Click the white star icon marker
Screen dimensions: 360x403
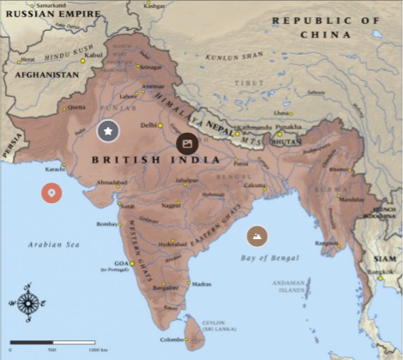pos(107,131)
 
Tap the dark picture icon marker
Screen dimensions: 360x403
pos(187,143)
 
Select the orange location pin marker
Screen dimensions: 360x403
pos(51,192)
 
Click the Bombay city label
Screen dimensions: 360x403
pos(106,224)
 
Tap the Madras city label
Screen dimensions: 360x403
pos(202,284)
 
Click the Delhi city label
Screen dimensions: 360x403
pos(148,125)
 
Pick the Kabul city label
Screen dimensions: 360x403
pos(93,55)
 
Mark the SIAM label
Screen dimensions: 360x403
pos(385,258)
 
